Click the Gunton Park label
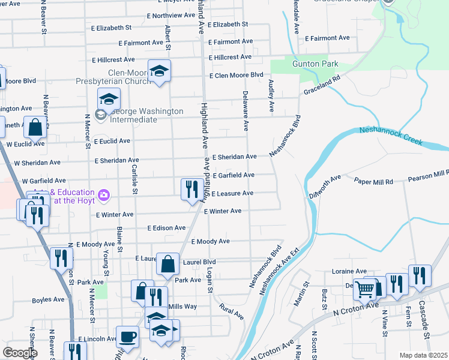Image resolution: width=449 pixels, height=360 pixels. [x=315, y=64]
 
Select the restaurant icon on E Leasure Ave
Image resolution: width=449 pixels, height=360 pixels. [x=191, y=190]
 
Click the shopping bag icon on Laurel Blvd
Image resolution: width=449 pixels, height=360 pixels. [x=168, y=263]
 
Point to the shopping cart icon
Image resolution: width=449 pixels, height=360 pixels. [x=366, y=290]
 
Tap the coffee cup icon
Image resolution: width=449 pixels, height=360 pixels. [x=127, y=337]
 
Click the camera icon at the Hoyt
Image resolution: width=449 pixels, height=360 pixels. [x=104, y=194]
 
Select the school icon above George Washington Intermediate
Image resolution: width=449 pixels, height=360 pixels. [x=109, y=98]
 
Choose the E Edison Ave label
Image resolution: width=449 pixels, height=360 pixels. [x=167, y=228]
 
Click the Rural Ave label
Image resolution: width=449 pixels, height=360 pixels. [x=232, y=312]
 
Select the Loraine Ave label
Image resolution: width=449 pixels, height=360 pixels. [x=349, y=271]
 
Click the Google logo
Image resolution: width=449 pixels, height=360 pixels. [x=20, y=353]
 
